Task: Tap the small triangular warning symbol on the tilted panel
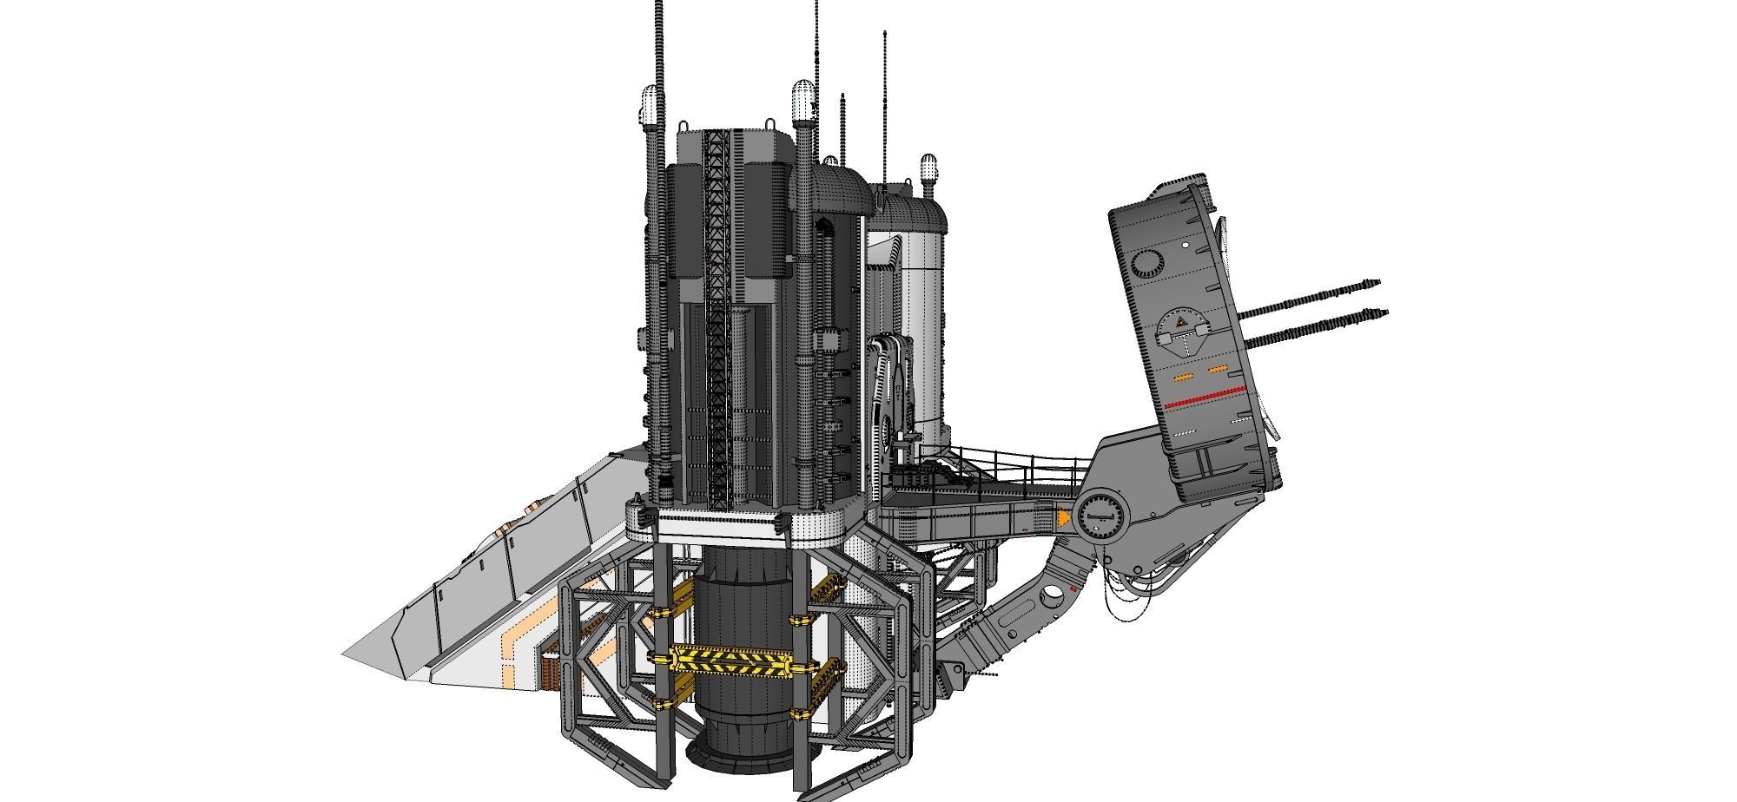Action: pos(1180,323)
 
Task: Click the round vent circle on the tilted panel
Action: pos(1149,261)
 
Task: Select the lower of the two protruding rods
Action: pos(1320,326)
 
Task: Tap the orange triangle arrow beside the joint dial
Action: pos(1063,519)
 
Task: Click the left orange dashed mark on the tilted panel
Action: pos(1182,378)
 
